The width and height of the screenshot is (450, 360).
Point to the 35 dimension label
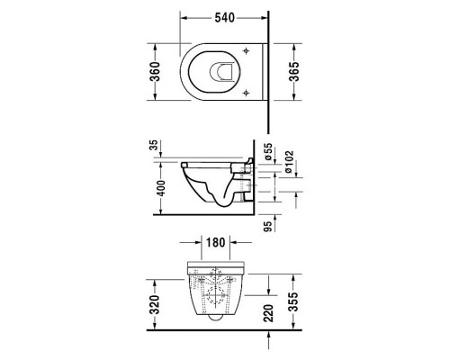(155, 145)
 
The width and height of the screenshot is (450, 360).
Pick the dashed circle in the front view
(215, 292)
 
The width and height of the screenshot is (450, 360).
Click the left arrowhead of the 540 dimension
(182, 17)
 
